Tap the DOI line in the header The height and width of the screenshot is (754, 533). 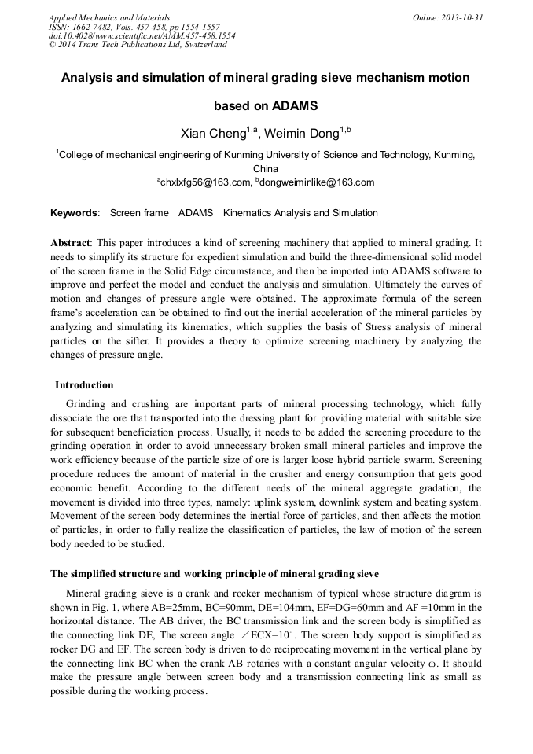[x=142, y=35]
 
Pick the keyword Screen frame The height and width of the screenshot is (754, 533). [x=139, y=213]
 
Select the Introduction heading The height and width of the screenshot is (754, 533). [x=84, y=385]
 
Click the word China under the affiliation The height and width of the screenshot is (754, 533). [x=266, y=169]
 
